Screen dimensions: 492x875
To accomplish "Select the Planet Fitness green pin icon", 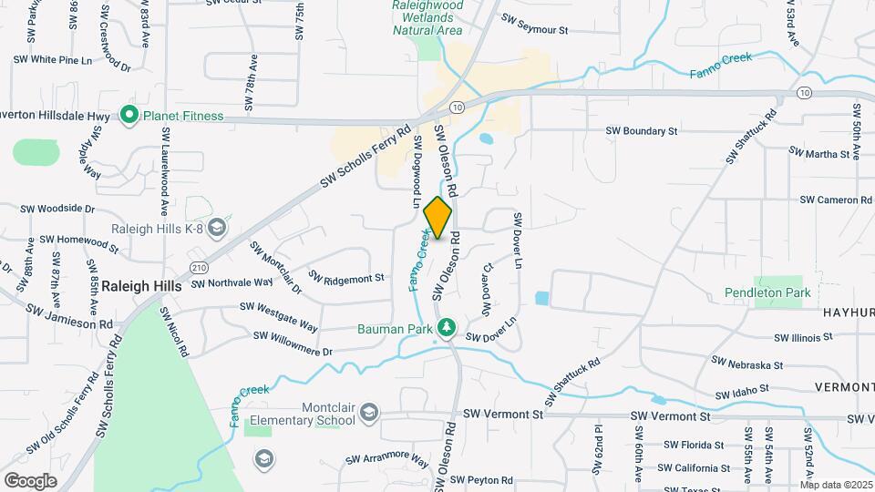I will [129, 116].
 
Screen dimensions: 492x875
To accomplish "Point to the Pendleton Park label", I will [767, 292].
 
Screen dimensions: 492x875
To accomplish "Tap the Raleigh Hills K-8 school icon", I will [217, 228].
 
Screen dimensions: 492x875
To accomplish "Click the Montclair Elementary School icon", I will [368, 414].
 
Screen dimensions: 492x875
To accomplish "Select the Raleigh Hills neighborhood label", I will [141, 285].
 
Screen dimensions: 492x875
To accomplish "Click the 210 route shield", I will [199, 266].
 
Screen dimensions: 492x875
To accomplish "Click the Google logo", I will [30, 480].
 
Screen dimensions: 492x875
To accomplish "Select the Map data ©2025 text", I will [835, 484].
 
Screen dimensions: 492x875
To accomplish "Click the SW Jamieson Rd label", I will [69, 318].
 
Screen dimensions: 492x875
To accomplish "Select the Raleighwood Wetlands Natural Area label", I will [427, 17].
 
